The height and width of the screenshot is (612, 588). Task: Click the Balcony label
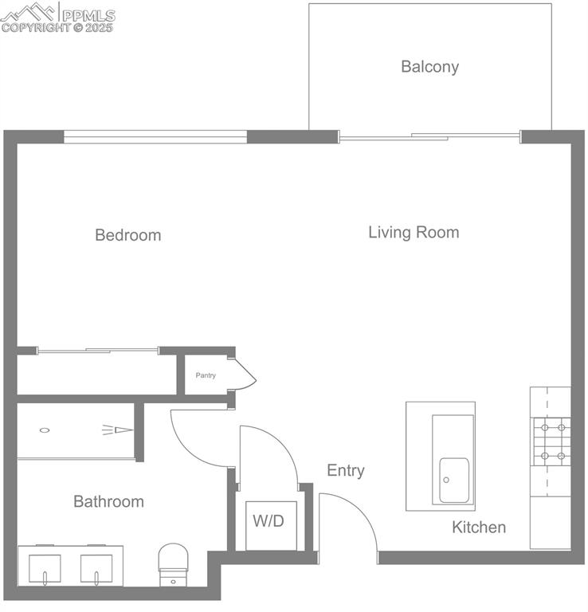pyautogui.click(x=429, y=67)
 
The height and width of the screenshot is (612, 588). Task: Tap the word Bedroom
pyautogui.click(x=127, y=235)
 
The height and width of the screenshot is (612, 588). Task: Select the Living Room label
pyautogui.click(x=414, y=233)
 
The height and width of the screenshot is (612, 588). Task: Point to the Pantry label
pyautogui.click(x=206, y=375)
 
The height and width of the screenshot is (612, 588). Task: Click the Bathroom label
pyautogui.click(x=108, y=502)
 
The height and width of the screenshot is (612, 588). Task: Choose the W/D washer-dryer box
pyautogui.click(x=269, y=523)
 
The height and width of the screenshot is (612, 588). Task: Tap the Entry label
pyautogui.click(x=346, y=471)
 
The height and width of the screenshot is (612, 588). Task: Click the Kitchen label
pyautogui.click(x=479, y=528)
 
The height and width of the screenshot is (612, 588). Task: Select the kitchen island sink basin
pyautogui.click(x=454, y=480)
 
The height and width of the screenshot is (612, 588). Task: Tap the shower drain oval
pyautogui.click(x=45, y=430)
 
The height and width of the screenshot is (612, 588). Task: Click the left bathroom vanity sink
pyautogui.click(x=45, y=568)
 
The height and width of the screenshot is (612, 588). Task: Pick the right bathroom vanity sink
pyautogui.click(x=96, y=568)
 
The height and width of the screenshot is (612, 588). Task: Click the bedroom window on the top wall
pyautogui.click(x=155, y=136)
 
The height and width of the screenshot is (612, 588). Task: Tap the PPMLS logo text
pyautogui.click(x=88, y=15)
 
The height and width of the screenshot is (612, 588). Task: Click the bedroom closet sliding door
pyautogui.click(x=97, y=350)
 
